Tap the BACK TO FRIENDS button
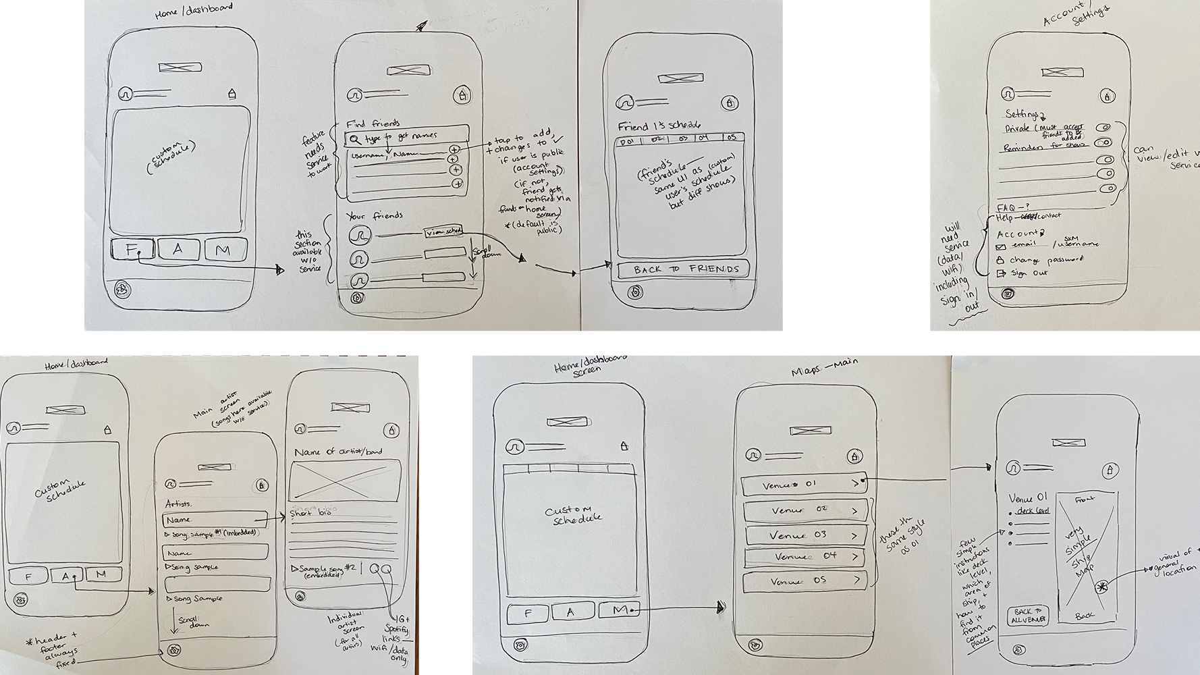click(682, 269)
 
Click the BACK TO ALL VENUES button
click(1028, 616)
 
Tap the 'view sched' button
click(445, 232)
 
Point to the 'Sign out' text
click(1029, 273)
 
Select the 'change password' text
click(1046, 260)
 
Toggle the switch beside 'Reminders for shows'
click(1103, 143)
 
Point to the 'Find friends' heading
click(373, 124)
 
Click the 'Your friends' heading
click(375, 216)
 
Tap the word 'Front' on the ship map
click(1085, 500)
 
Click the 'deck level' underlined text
click(1034, 511)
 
